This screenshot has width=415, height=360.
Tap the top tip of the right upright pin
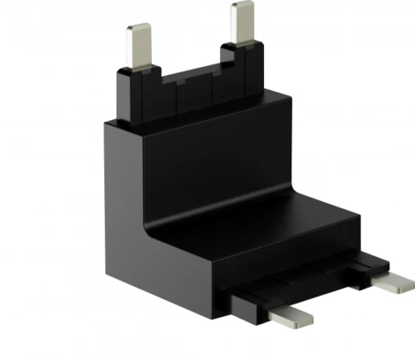(242, 7)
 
